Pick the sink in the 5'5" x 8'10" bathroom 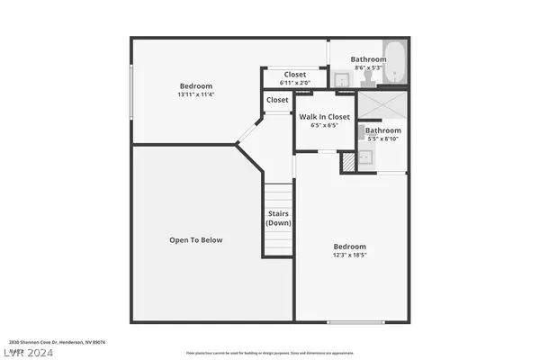(x=365, y=158)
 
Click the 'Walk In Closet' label (x=324, y=117)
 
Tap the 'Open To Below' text (x=195, y=240)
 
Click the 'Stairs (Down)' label (x=278, y=218)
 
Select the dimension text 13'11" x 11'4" (x=196, y=94)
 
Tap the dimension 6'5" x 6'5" (x=324, y=126)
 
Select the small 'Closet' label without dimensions (x=277, y=100)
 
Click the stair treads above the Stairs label (x=278, y=194)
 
